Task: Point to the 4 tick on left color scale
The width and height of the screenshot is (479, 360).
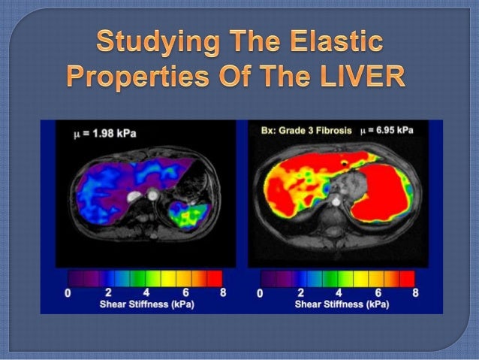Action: [x=146, y=293]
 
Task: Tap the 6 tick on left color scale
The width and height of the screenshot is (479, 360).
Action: [x=185, y=293]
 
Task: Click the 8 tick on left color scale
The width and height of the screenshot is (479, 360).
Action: [x=224, y=293]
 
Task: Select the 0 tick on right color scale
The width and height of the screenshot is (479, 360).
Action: [x=261, y=293]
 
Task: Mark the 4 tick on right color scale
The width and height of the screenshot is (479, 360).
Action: [x=339, y=293]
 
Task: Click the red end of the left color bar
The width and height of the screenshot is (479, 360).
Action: [x=215, y=278]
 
